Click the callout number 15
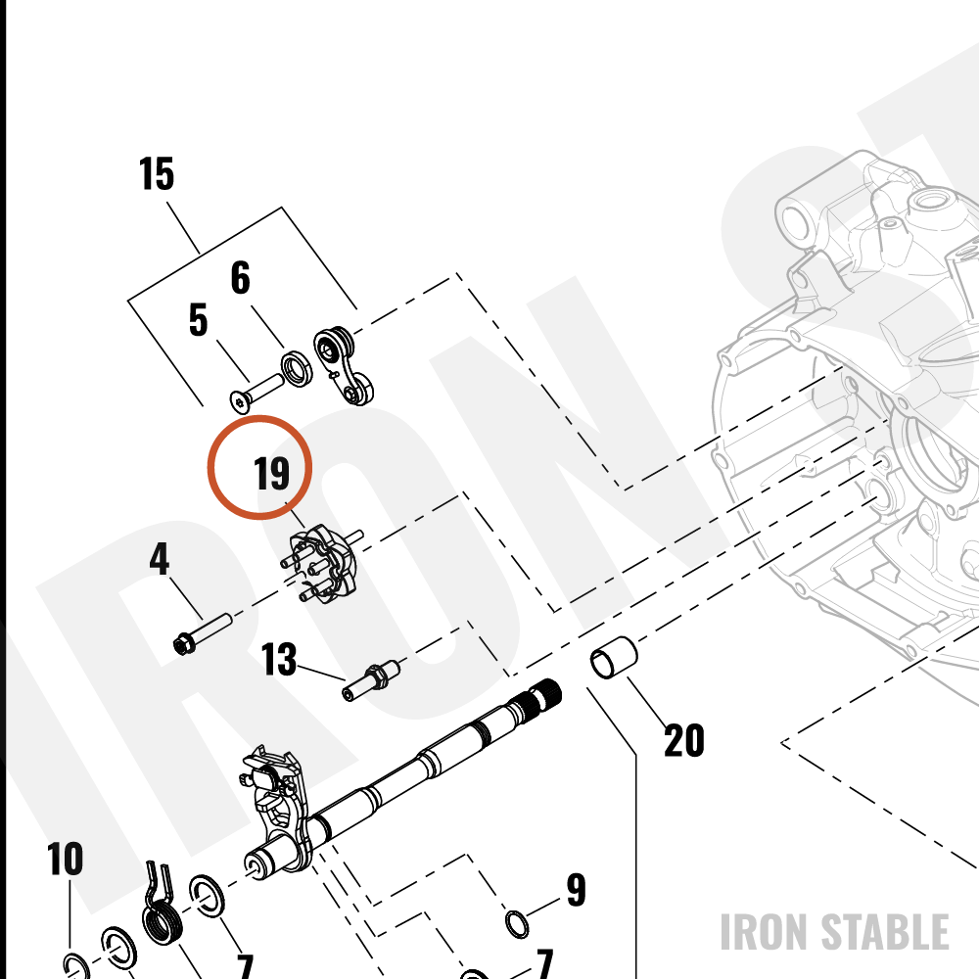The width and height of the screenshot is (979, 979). (x=156, y=173)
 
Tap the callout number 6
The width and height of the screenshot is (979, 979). (x=241, y=278)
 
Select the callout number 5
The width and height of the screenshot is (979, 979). (x=199, y=320)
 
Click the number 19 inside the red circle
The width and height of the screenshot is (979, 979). (x=272, y=473)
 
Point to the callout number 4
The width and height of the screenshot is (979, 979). (x=160, y=559)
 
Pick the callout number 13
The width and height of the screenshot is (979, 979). (x=278, y=659)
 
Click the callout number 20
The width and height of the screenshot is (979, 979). (x=684, y=740)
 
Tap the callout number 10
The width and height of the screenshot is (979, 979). (x=65, y=860)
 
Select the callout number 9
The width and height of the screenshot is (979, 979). (x=577, y=890)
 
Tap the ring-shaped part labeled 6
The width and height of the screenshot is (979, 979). (x=297, y=370)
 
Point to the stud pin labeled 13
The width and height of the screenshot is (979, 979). (x=371, y=680)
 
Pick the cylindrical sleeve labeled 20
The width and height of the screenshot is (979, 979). (x=614, y=657)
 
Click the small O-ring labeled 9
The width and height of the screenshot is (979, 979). (x=516, y=924)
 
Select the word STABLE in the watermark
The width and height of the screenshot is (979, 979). (x=885, y=932)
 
